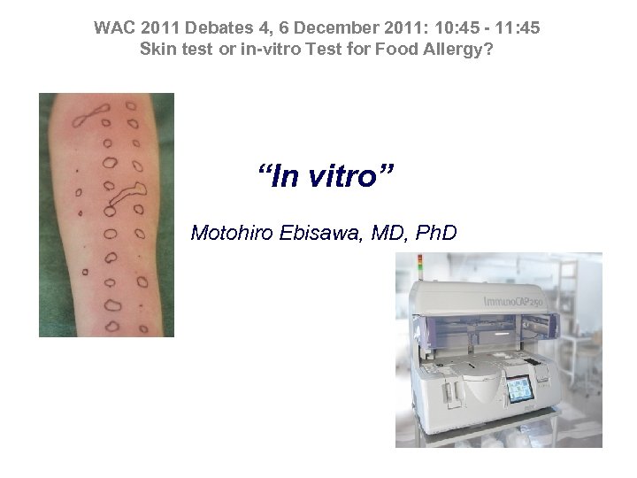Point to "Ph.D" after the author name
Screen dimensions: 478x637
(x=434, y=234)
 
